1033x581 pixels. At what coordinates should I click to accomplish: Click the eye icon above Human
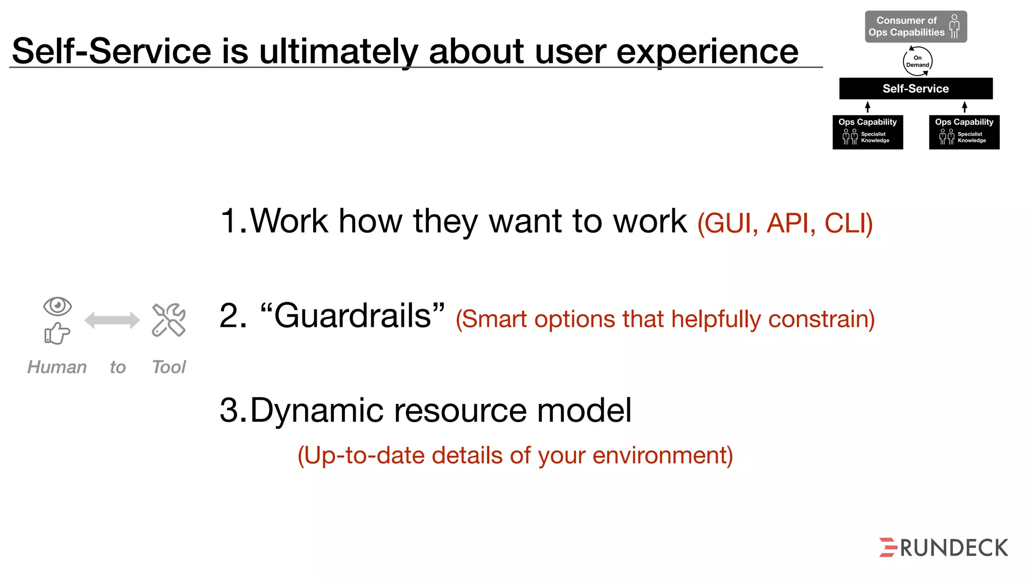[x=58, y=306]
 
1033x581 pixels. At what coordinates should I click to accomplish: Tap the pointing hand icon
[x=57, y=333]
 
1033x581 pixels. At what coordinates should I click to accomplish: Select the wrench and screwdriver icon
[x=169, y=320]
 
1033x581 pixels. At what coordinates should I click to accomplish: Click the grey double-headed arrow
[x=112, y=320]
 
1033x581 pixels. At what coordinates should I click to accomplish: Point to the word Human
[x=57, y=367]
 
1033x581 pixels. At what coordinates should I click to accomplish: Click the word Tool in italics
[x=169, y=367]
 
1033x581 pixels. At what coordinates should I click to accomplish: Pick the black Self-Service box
[x=915, y=89]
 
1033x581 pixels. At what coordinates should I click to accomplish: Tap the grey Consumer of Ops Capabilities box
[x=906, y=27]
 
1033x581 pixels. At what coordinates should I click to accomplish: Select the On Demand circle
[x=917, y=62]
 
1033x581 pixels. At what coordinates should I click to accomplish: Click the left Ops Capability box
[x=868, y=132]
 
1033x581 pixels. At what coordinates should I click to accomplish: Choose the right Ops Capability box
[x=964, y=132]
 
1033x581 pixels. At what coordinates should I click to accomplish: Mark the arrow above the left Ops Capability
[x=868, y=107]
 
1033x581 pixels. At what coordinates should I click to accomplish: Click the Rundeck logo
[x=943, y=548]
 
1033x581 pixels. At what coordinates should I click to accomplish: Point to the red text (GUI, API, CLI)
[x=785, y=223]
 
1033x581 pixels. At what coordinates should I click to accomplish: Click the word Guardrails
[x=353, y=316]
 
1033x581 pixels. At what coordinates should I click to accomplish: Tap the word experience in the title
[x=707, y=51]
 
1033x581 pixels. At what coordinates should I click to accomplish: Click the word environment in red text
[x=662, y=455]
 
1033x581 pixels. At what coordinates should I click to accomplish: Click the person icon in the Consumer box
[x=954, y=26]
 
